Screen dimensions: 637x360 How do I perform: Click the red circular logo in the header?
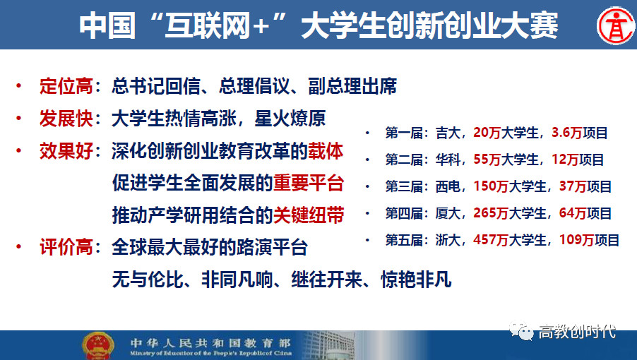(616, 25)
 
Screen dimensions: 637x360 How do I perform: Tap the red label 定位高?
(66, 86)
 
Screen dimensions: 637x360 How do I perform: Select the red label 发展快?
(66, 119)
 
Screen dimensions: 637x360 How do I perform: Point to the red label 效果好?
(66, 151)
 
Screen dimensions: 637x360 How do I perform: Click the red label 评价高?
(66, 247)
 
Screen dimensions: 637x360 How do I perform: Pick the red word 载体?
(326, 151)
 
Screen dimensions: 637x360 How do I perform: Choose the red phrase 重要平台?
(309, 183)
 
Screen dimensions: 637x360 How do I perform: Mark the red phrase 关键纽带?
(309, 215)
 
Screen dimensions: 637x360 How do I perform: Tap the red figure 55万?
(487, 159)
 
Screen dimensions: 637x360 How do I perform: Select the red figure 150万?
(491, 186)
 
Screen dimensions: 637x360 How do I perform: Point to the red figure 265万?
(491, 212)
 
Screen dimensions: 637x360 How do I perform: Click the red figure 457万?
(491, 239)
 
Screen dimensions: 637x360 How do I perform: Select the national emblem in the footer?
(98, 346)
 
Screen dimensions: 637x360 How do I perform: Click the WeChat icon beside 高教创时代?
(521, 331)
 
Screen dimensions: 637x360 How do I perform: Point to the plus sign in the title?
(261, 26)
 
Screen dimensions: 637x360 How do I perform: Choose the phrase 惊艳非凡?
(416, 280)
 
